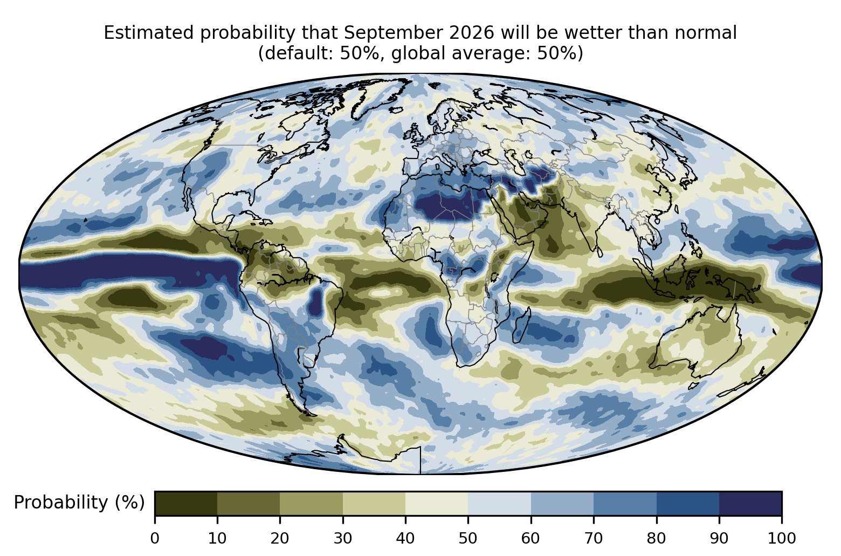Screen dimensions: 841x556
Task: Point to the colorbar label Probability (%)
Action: pyautogui.click(x=79, y=502)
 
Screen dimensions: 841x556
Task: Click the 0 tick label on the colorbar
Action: pyautogui.click(x=155, y=539)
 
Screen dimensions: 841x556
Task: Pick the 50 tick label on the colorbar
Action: pyautogui.click(x=468, y=539)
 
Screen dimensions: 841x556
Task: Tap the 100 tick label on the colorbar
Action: pyautogui.click(x=782, y=539)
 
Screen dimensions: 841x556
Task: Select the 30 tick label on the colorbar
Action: pyautogui.click(x=343, y=539)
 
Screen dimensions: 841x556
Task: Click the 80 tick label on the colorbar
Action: pyautogui.click(x=656, y=539)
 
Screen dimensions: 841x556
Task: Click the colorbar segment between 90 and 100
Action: pyautogui.click(x=750, y=503)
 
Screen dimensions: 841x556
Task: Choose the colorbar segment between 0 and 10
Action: pyautogui.click(x=186, y=503)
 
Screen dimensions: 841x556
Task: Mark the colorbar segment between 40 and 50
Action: pyautogui.click(x=437, y=503)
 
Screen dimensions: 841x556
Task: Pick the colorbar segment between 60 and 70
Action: pyautogui.click(x=562, y=503)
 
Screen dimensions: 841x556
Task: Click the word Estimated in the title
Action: pyautogui.click(x=149, y=33)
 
